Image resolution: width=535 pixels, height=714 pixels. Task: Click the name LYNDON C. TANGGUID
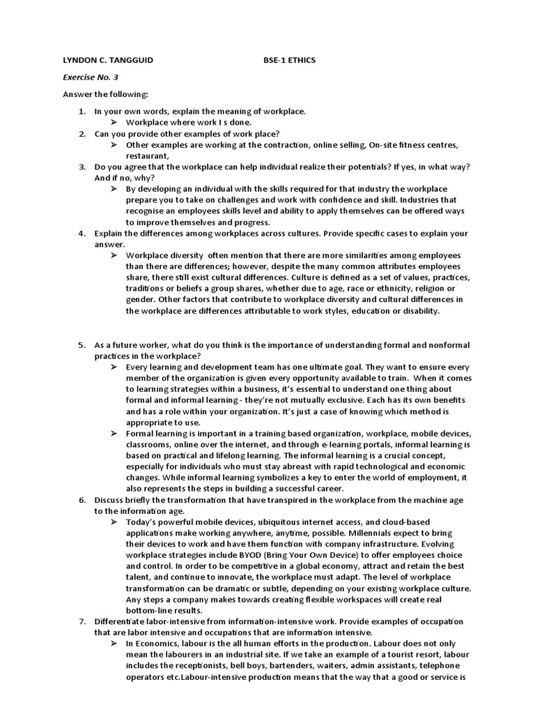coord(108,61)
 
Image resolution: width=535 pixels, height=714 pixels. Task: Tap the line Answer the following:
coord(106,94)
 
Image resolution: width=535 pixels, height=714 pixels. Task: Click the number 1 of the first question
coord(82,112)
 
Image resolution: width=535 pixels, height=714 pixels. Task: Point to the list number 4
coord(82,233)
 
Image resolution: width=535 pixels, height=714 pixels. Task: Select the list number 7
coord(82,621)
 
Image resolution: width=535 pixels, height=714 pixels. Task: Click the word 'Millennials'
coord(379,533)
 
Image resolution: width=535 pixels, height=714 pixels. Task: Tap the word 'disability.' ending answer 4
coord(420,311)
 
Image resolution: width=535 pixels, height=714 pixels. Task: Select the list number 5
coord(82,345)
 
